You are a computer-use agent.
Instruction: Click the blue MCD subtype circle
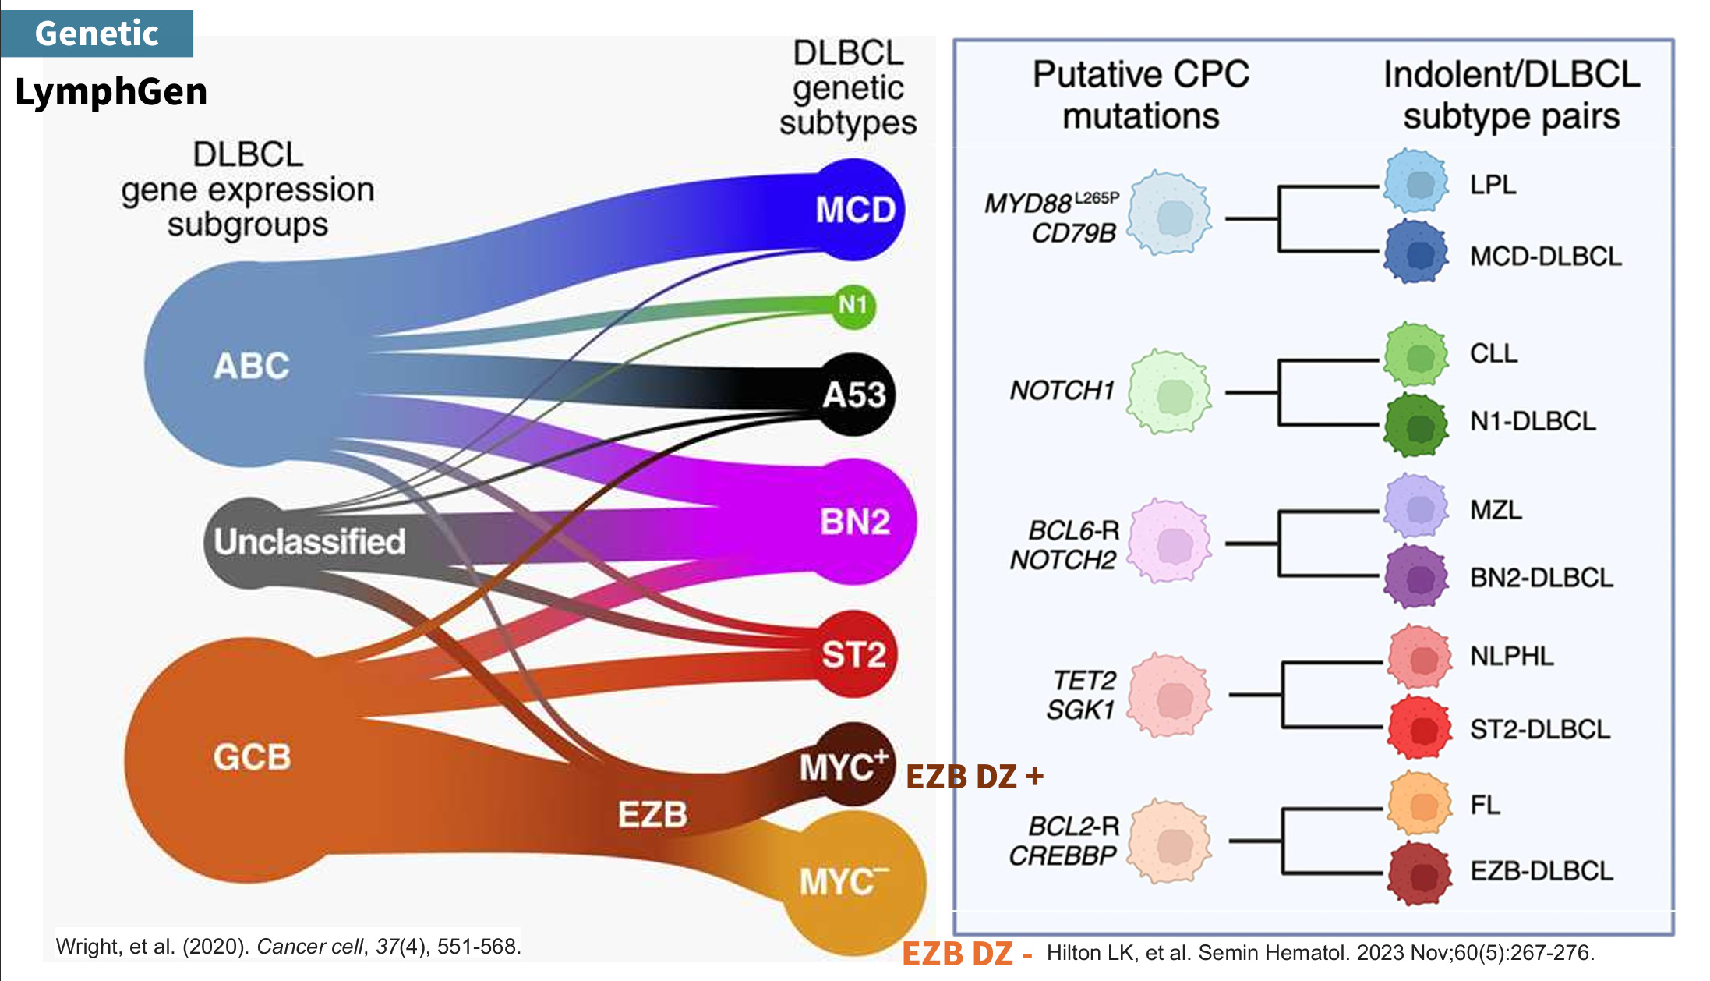click(855, 209)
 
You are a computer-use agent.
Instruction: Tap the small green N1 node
click(853, 305)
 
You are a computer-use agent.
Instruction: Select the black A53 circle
click(854, 395)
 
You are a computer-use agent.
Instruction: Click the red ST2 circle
click(854, 654)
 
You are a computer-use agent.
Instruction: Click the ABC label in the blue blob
click(252, 366)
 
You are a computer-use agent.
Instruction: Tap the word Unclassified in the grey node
click(309, 541)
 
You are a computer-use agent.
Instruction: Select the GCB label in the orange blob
click(252, 757)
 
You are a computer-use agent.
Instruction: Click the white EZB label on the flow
click(652, 815)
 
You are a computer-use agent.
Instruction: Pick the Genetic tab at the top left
click(97, 33)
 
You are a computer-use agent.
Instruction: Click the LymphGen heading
click(111, 92)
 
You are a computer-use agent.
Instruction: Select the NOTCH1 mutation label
click(1062, 390)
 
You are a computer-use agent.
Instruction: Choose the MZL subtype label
click(1496, 510)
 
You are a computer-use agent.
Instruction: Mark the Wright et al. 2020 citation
click(288, 947)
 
